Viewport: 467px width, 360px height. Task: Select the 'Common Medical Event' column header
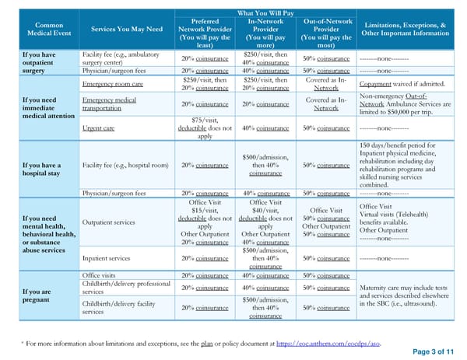point(39,29)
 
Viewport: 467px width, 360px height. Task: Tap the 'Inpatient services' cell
point(106,258)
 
